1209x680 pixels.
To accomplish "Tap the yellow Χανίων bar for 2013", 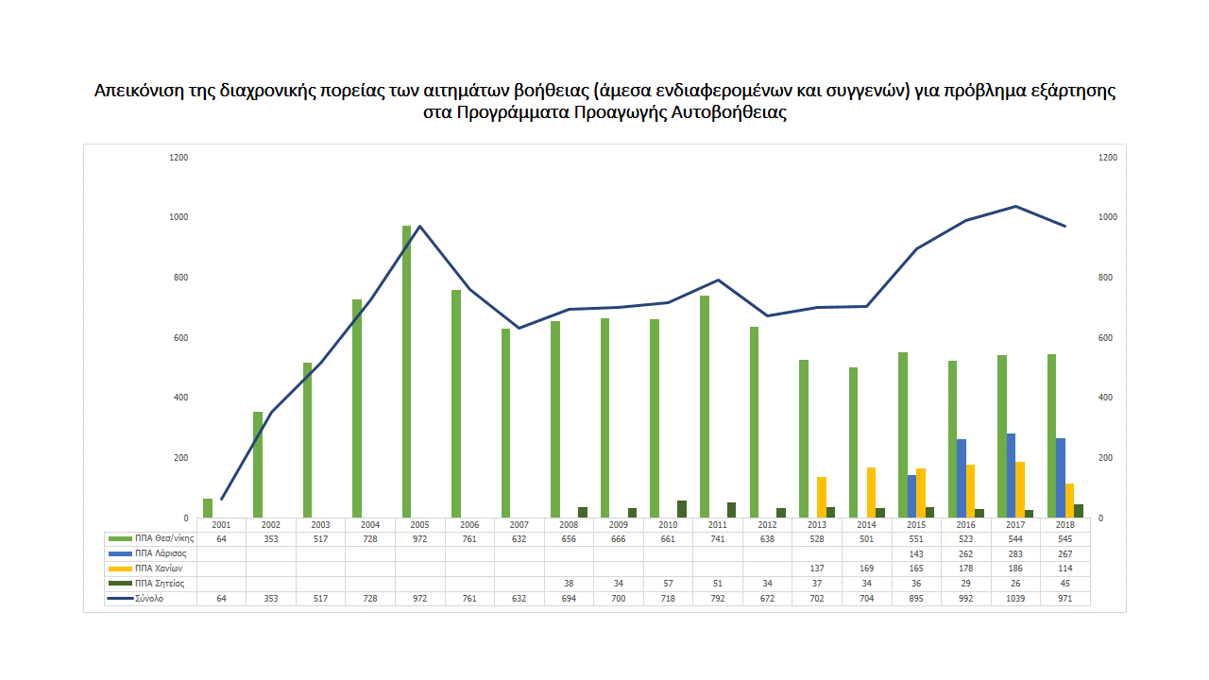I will [x=822, y=497].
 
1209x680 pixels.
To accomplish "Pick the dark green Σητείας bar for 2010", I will [x=682, y=509].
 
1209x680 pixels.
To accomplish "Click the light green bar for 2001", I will [x=208, y=508].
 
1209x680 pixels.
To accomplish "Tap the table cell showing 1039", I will [x=1015, y=599].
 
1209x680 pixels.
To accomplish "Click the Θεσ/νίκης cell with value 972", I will [x=419, y=537].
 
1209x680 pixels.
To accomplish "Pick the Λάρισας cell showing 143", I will [x=916, y=552].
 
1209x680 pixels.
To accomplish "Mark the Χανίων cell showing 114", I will [x=1065, y=569].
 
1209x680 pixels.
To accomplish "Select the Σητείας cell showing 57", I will [x=668, y=584].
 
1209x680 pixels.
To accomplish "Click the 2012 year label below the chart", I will [x=767, y=524].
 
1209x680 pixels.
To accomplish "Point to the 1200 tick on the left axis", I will [x=179, y=158].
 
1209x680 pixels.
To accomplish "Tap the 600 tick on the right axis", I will [x=1108, y=338].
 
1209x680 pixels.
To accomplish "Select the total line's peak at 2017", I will [x=1015, y=206].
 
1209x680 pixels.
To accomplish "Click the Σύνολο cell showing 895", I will [x=916, y=599].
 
